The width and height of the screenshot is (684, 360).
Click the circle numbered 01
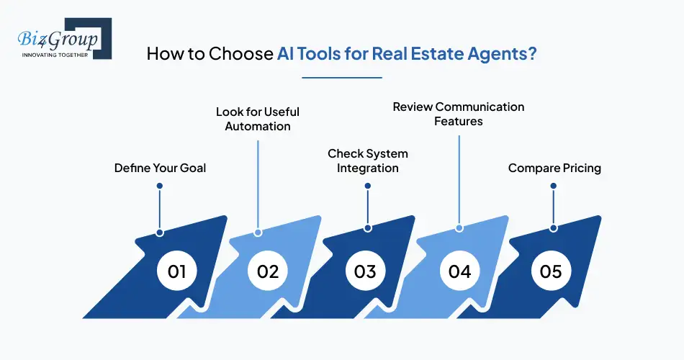point(177,271)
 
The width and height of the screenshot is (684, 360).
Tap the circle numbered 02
point(268,271)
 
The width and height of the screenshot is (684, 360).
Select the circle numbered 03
point(365,271)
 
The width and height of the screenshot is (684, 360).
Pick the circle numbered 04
point(459,271)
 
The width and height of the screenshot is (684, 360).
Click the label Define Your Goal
point(160,168)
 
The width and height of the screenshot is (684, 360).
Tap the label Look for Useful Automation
point(258,119)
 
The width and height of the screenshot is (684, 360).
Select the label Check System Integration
point(368,161)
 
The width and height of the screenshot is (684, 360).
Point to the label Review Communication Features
point(459,114)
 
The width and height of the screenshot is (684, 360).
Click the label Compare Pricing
point(554,168)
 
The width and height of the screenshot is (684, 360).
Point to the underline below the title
point(342,77)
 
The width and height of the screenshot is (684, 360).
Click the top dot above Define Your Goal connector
point(160,186)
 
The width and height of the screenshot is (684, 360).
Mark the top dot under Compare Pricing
point(554,186)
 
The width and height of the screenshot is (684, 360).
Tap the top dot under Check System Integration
point(368,186)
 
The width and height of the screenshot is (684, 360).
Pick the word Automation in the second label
point(258,126)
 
